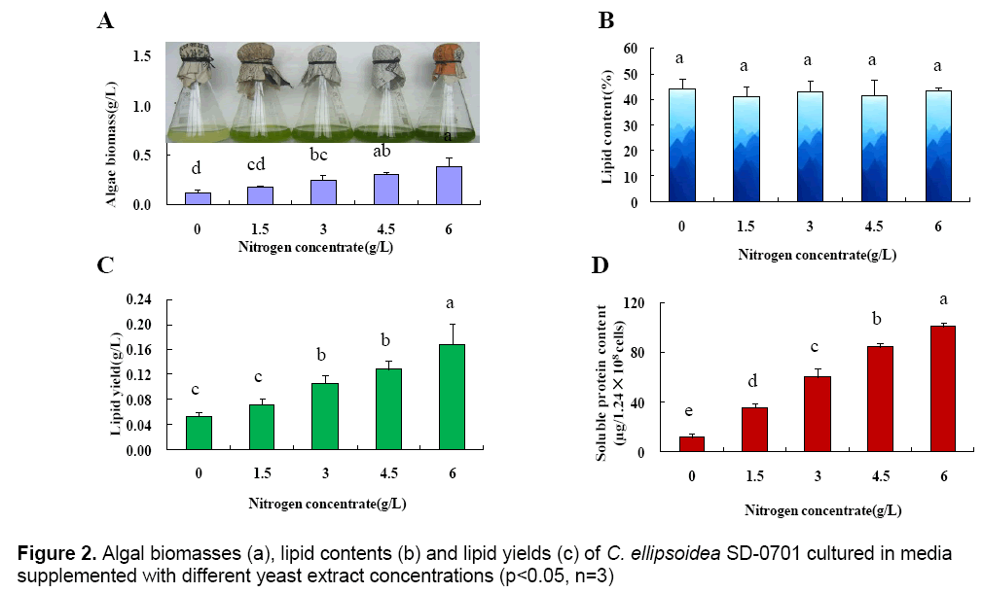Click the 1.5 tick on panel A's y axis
tap(142, 56)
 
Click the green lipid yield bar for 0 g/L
tap(199, 434)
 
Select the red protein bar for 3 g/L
tap(817, 414)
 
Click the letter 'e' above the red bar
tap(692, 412)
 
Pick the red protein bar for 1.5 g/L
tap(754, 430)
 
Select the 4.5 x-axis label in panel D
tap(879, 475)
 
